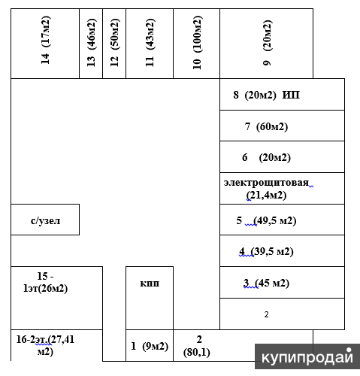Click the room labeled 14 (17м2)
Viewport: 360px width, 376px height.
45,44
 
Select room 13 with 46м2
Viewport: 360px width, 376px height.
91,44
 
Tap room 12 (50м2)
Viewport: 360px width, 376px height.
114,44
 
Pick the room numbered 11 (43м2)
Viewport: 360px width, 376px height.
150,44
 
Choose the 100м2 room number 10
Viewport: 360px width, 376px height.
197,44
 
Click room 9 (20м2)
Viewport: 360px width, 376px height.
267,44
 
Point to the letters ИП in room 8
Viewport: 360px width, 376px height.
291,95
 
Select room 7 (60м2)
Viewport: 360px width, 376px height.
283,126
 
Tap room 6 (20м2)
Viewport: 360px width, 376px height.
283,157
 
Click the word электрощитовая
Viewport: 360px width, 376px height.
266,183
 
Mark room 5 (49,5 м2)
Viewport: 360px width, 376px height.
283,220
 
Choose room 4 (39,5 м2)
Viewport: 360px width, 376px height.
283,251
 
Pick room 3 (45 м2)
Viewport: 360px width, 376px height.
283,283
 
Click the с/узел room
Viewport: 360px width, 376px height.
45,220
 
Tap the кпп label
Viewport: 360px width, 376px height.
150,284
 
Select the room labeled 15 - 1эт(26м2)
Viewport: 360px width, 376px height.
56,298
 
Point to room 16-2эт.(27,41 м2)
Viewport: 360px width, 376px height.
56,345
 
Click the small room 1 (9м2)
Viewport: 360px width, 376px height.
150,346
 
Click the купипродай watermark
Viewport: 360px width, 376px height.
307,356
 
